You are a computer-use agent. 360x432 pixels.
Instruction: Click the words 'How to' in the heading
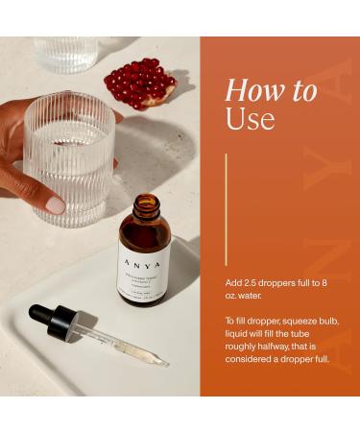[x=270, y=91]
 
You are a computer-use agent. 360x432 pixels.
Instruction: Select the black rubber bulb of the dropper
[x=44, y=315]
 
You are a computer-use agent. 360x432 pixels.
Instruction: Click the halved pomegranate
[x=141, y=83]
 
